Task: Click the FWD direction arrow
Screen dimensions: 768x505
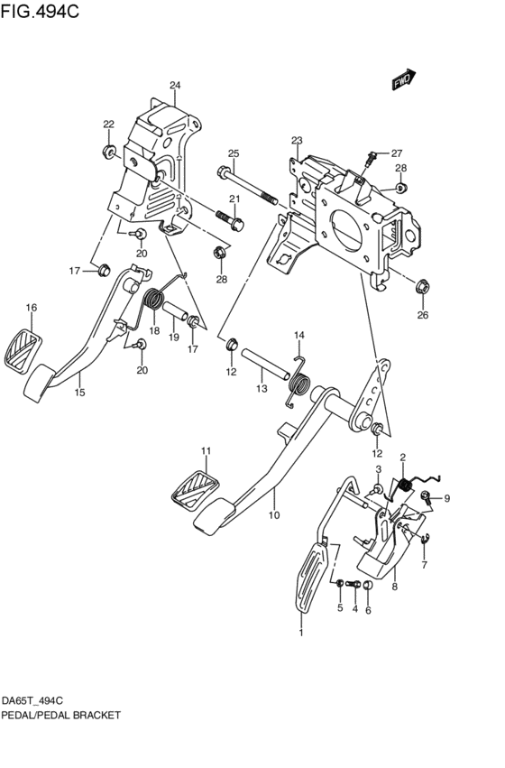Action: (x=402, y=81)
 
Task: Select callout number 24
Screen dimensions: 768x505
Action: (x=175, y=86)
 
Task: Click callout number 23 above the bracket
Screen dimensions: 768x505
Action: (x=296, y=140)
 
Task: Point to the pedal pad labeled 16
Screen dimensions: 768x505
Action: (x=23, y=350)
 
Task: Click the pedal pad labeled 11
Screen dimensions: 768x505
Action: (x=193, y=487)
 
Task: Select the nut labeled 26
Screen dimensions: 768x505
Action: (x=421, y=288)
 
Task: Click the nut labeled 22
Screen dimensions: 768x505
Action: (x=108, y=150)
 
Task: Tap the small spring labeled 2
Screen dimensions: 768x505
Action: (x=404, y=487)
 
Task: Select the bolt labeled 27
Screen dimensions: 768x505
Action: (x=370, y=160)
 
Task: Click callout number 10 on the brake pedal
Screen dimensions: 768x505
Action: (x=274, y=515)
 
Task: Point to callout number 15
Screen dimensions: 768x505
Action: (x=79, y=393)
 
